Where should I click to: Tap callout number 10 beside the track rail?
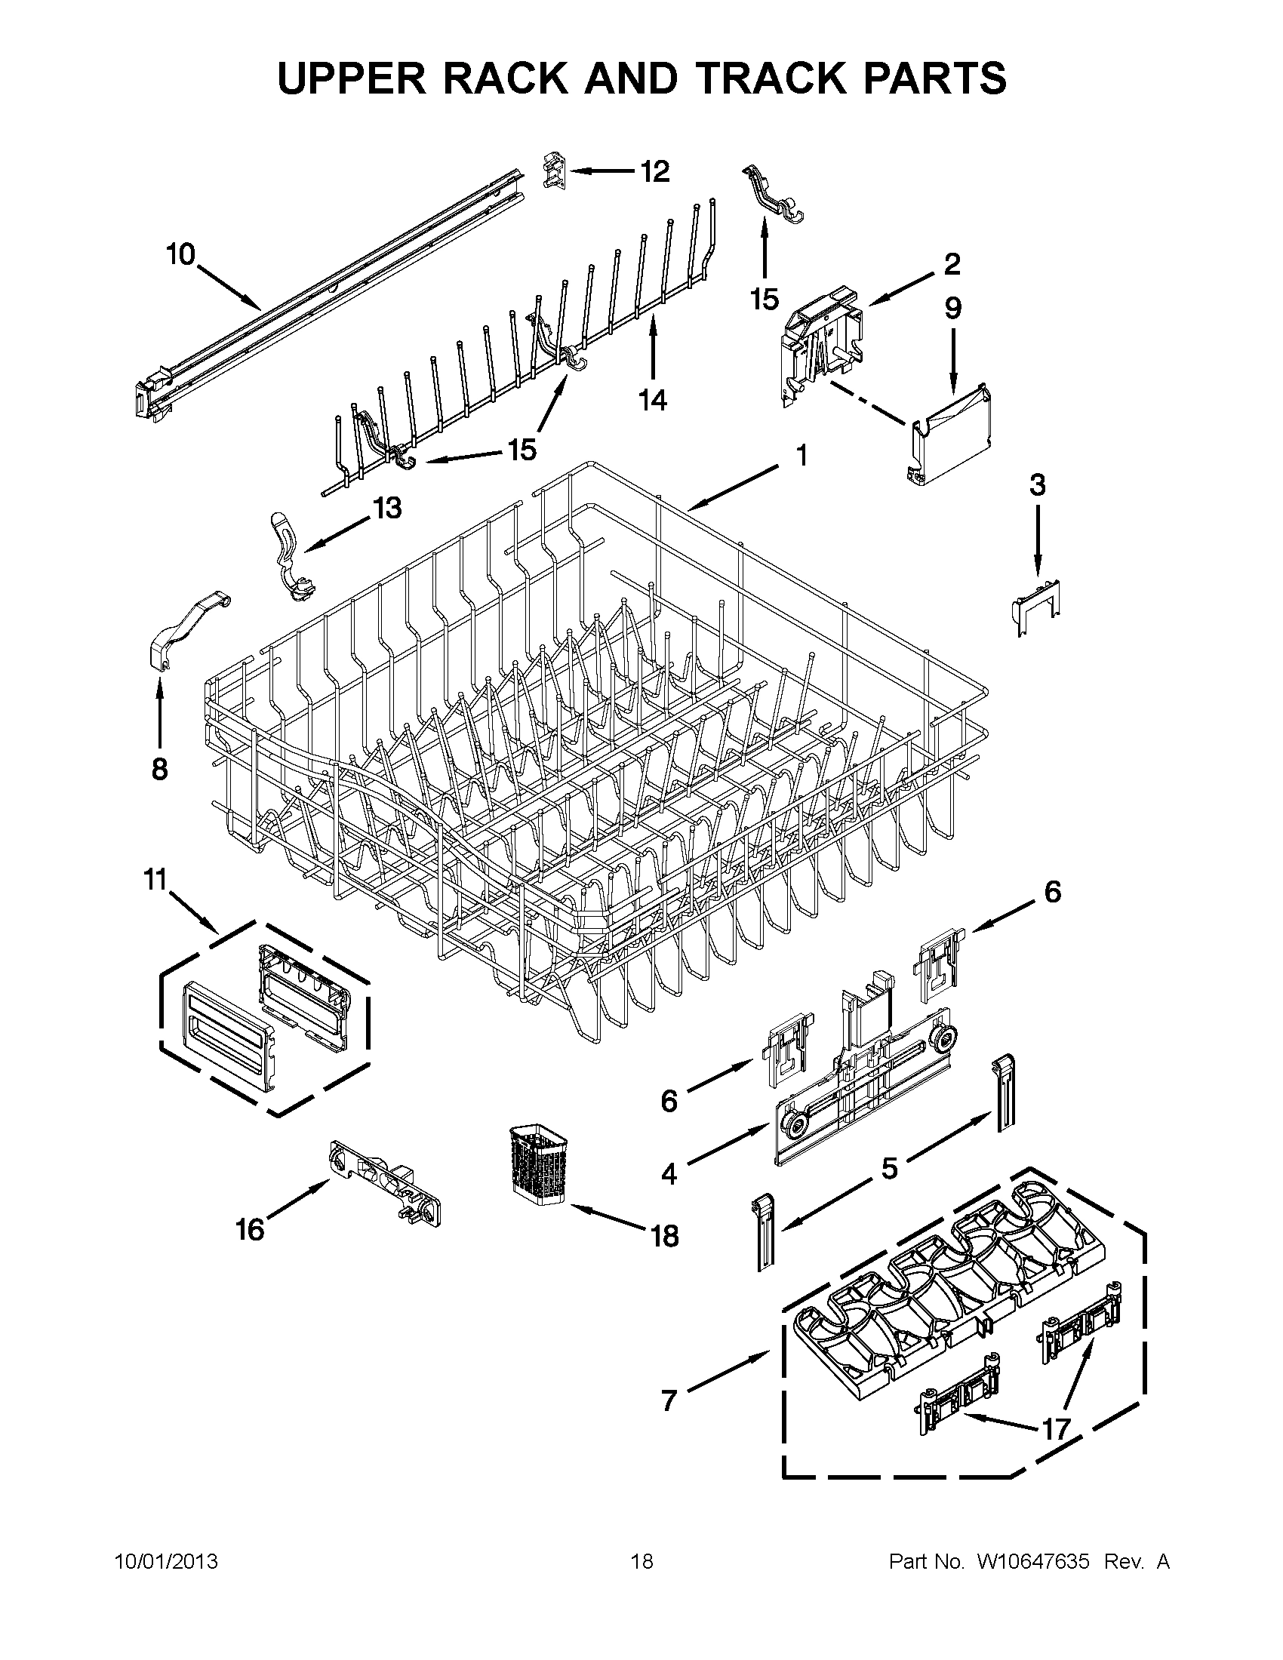pyautogui.click(x=181, y=254)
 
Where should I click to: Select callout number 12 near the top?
pyautogui.click(x=654, y=172)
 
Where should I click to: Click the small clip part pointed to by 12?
pyautogui.click(x=555, y=171)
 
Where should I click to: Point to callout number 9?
pyautogui.click(x=952, y=308)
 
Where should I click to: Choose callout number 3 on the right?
pyautogui.click(x=1037, y=485)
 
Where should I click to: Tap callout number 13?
pyautogui.click(x=388, y=508)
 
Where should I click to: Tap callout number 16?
pyautogui.click(x=249, y=1229)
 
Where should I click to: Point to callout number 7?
pyautogui.click(x=668, y=1400)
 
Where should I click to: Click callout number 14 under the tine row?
pyautogui.click(x=652, y=399)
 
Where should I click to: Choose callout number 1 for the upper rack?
pyautogui.click(x=800, y=456)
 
